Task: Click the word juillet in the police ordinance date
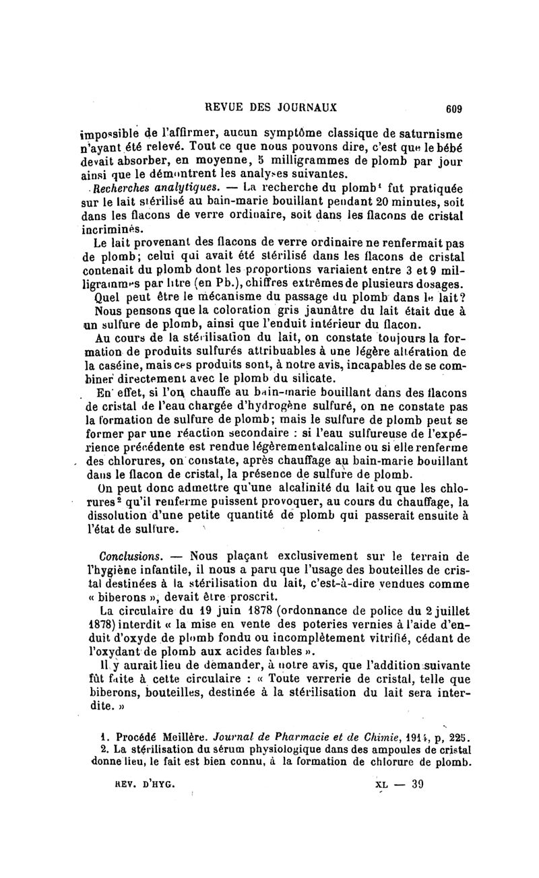click(x=449, y=612)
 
